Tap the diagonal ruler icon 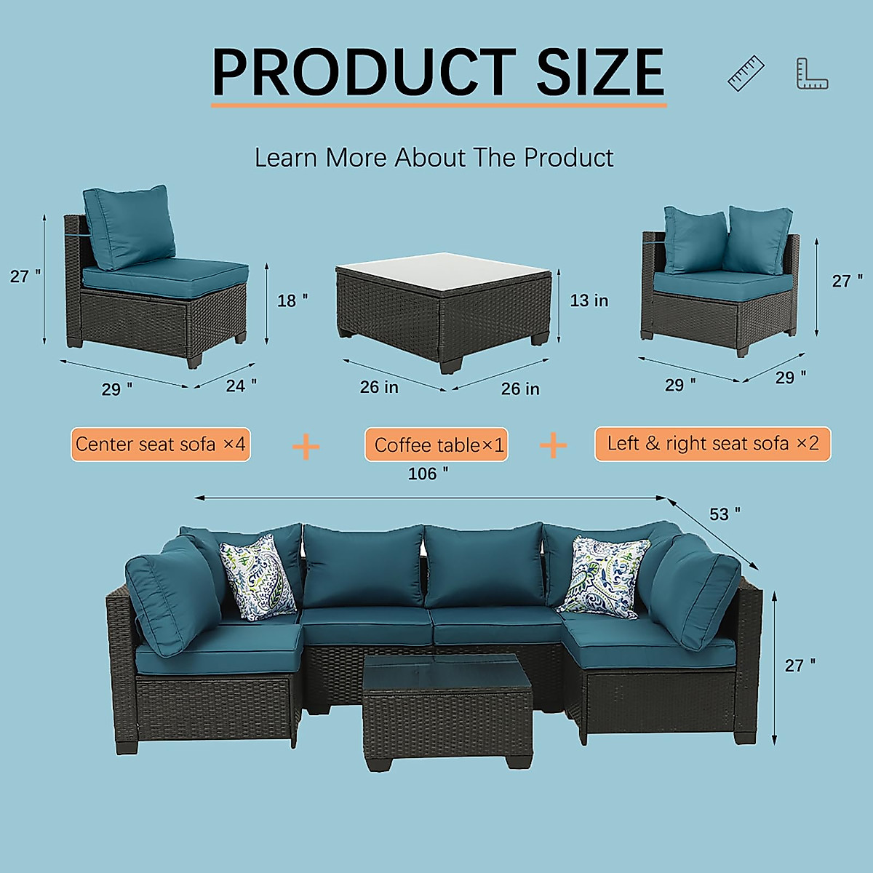pos(746,73)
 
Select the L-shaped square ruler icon pos(812,74)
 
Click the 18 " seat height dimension pos(292,300)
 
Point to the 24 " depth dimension pos(241,385)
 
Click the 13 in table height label pos(589,300)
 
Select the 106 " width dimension pos(428,474)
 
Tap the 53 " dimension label pos(725,514)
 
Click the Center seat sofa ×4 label pos(160,445)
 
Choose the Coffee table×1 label pos(436,445)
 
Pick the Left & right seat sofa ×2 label pos(712,444)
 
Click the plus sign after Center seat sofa pos(306,446)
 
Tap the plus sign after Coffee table pos(553,445)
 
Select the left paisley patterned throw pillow pos(258,578)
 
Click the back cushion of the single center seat pos(129,226)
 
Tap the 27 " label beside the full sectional pos(800,666)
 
